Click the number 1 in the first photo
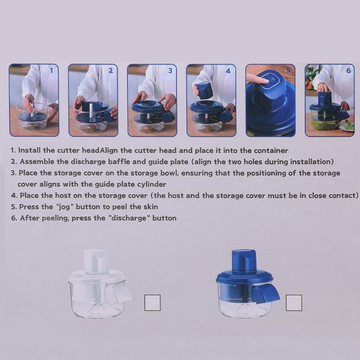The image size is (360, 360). click(51, 70)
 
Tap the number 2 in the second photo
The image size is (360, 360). click(111, 71)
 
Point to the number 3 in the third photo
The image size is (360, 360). click(170, 71)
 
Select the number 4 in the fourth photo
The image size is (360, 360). click(228, 71)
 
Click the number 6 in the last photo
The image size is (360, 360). click(348, 70)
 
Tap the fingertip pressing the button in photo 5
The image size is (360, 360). click(265, 81)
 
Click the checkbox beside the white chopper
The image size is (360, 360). click(153, 303)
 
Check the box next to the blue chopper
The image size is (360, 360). click(294, 303)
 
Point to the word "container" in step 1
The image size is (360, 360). click(271, 151)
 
